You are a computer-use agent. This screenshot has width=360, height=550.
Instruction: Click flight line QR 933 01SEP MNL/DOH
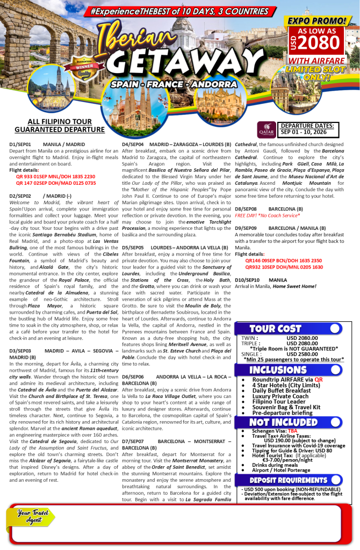coord(55,176)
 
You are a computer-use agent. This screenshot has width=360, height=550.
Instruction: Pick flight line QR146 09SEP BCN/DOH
coord(284,260)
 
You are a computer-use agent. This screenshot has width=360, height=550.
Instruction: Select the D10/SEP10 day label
coord(247,280)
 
